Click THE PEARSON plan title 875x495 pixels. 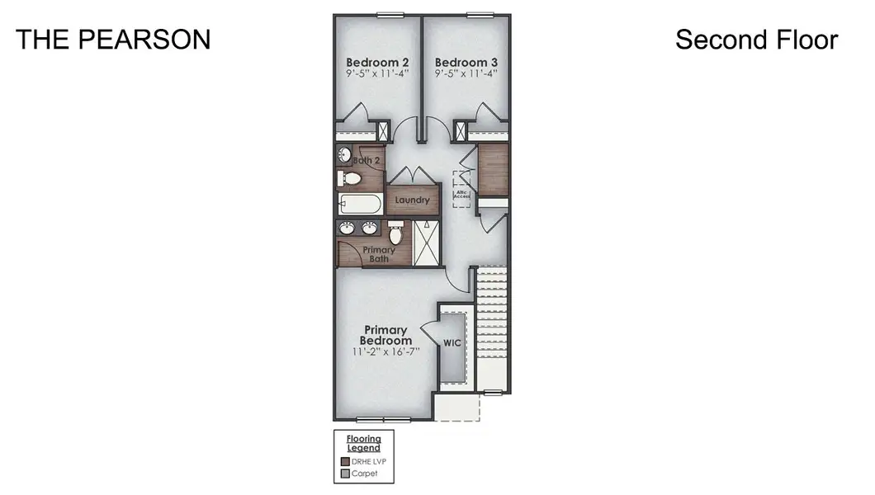pos(113,40)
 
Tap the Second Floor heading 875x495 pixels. pos(756,40)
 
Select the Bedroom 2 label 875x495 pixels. pos(377,62)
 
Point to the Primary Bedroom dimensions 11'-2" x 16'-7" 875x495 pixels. pos(386,351)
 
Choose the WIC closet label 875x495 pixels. pos(452,342)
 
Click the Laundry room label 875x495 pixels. pos(412,200)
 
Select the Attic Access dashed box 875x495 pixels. pos(461,189)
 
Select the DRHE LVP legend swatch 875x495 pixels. pos(344,462)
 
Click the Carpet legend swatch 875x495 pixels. pos(344,474)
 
